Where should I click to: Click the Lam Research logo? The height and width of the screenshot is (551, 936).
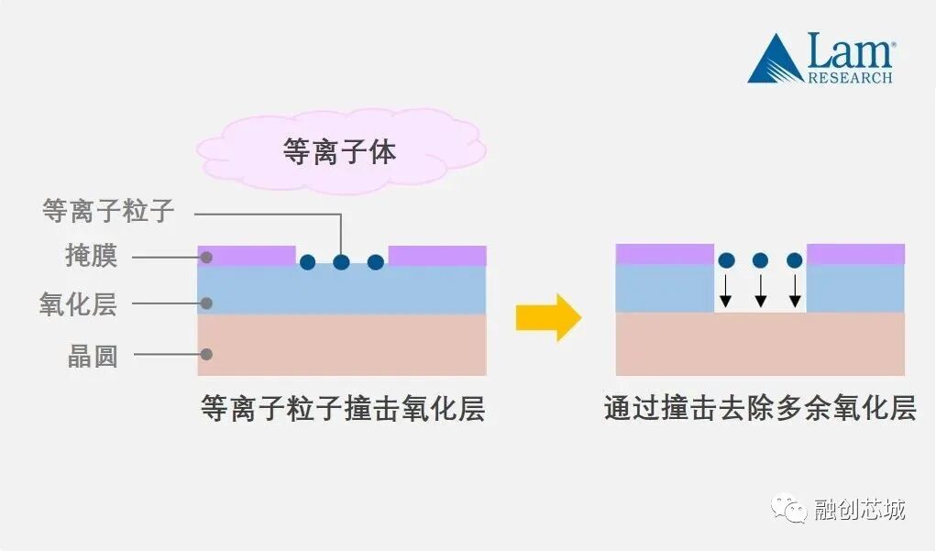[x=820, y=58]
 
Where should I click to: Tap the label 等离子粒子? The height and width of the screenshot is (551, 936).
[x=108, y=212]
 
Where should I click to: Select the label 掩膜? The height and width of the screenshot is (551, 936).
[x=92, y=256]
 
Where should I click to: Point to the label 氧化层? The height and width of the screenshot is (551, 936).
[x=78, y=304]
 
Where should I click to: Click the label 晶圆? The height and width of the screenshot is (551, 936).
[x=93, y=356]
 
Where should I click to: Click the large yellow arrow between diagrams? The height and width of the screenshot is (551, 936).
[x=548, y=317]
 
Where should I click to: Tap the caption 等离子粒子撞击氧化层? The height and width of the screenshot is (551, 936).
[x=343, y=409]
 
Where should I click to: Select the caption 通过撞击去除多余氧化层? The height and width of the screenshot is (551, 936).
[x=760, y=409]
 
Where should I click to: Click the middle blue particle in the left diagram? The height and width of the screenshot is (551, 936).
[x=341, y=262]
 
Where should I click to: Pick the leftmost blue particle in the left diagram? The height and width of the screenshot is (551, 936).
[x=308, y=262]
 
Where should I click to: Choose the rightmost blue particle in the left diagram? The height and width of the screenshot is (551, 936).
[x=375, y=262]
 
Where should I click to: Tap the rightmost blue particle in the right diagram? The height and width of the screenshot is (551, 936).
[x=794, y=260]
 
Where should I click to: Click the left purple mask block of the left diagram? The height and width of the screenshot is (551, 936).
[x=247, y=255]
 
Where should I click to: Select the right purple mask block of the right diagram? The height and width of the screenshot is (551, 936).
[x=855, y=253]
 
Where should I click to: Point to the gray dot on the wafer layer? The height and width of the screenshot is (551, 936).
[x=207, y=354]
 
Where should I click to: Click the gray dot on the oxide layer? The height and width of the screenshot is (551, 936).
[x=207, y=303]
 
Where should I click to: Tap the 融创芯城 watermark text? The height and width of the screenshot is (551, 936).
[x=859, y=509]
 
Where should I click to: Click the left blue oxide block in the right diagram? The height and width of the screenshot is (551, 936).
[x=665, y=288]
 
